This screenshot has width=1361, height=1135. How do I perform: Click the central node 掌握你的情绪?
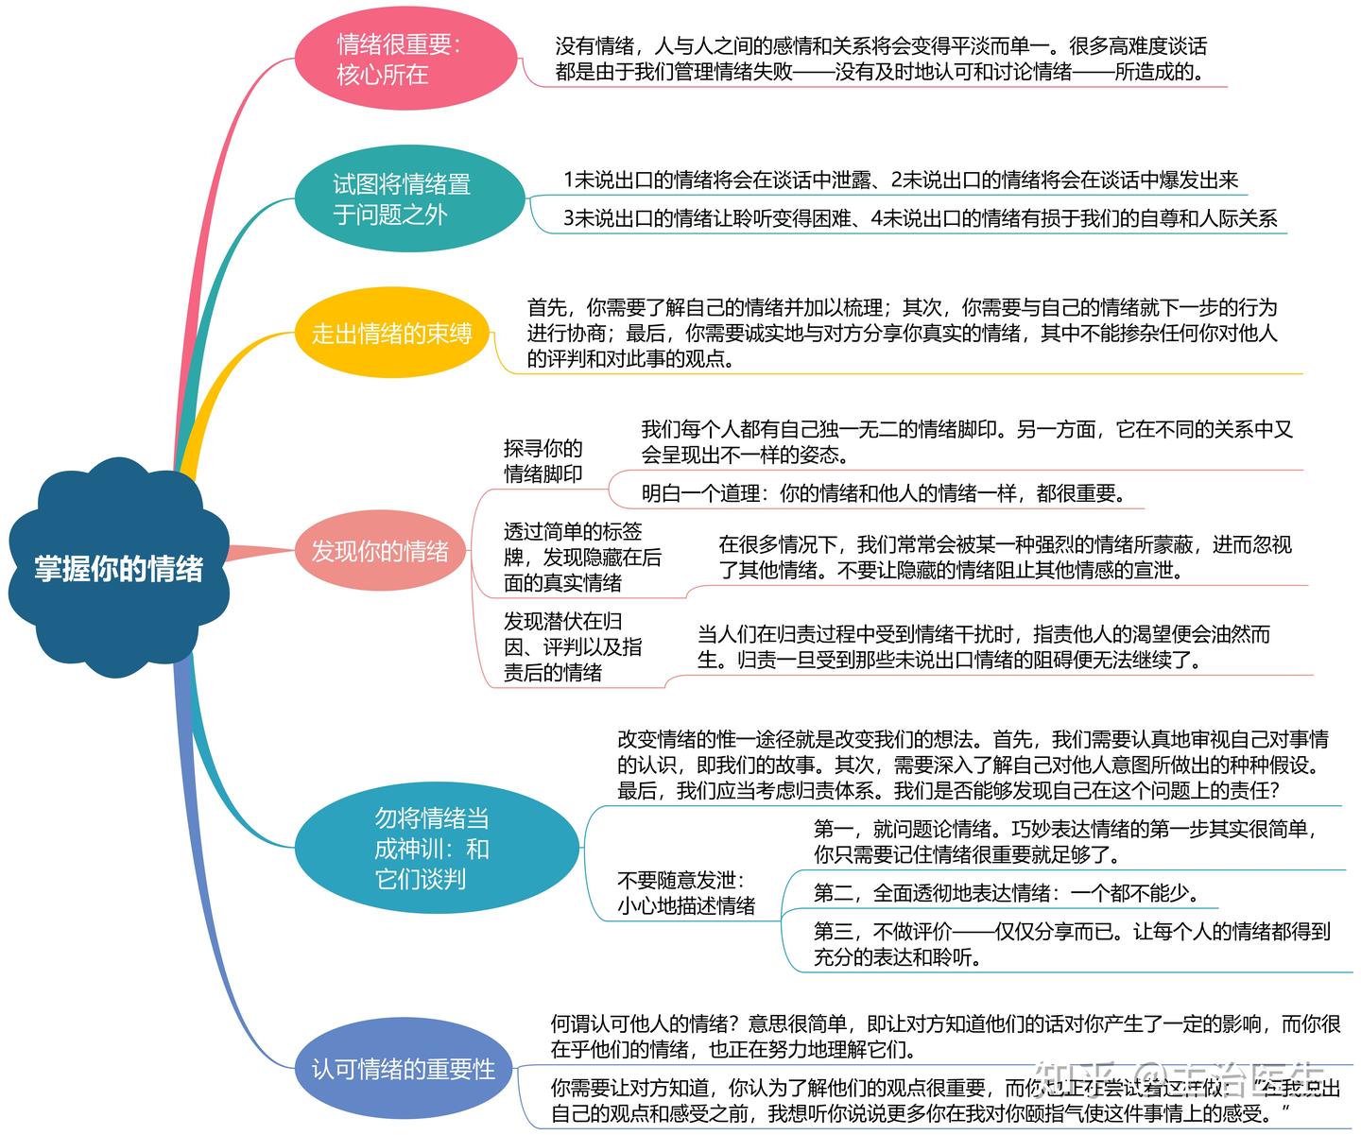click(x=119, y=568)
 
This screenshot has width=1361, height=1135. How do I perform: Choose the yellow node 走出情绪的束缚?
click(x=391, y=333)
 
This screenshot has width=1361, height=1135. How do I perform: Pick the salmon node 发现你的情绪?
click(x=380, y=551)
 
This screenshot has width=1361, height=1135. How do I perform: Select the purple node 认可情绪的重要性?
click(x=404, y=1069)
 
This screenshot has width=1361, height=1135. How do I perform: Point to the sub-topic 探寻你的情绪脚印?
click(x=543, y=461)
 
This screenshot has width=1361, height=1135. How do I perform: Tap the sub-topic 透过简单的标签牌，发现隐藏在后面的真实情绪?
click(x=581, y=558)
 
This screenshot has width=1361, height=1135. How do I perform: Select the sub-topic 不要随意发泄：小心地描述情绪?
click(x=685, y=893)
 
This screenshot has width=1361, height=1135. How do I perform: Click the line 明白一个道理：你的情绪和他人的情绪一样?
click(x=879, y=493)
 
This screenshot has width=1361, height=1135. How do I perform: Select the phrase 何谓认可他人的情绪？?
click(x=648, y=1023)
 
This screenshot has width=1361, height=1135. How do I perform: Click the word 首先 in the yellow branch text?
click(x=547, y=308)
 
